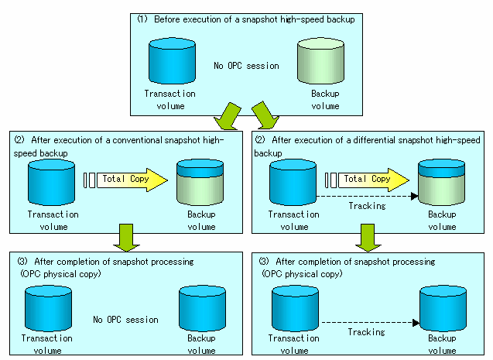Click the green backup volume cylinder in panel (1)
pyautogui.click(x=320, y=61)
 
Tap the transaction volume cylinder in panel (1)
pyautogui.click(x=172, y=61)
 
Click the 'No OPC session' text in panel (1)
pyautogui.click(x=246, y=66)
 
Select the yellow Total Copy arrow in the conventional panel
pyautogui.click(x=132, y=180)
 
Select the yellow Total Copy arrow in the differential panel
pyautogui.click(x=374, y=180)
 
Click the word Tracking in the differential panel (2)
pyautogui.click(x=367, y=206)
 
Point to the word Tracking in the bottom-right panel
pyautogui.click(x=366, y=332)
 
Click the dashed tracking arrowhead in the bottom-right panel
pyautogui.click(x=416, y=323)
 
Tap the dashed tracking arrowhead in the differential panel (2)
pyautogui.click(x=415, y=196)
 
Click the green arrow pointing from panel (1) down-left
pyautogui.click(x=228, y=116)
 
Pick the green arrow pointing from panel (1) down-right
pyautogui.click(x=265, y=115)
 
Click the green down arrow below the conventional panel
pyautogui.click(x=126, y=238)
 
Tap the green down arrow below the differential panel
pyautogui.click(x=368, y=238)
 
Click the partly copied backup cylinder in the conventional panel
pyautogui.click(x=200, y=183)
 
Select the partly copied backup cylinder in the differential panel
pyautogui.click(x=441, y=183)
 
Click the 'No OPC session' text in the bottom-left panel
pyautogui.click(x=125, y=320)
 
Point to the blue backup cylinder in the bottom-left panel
pyautogui.click(x=202, y=308)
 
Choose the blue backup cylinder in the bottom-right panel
pyautogui.click(x=443, y=308)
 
